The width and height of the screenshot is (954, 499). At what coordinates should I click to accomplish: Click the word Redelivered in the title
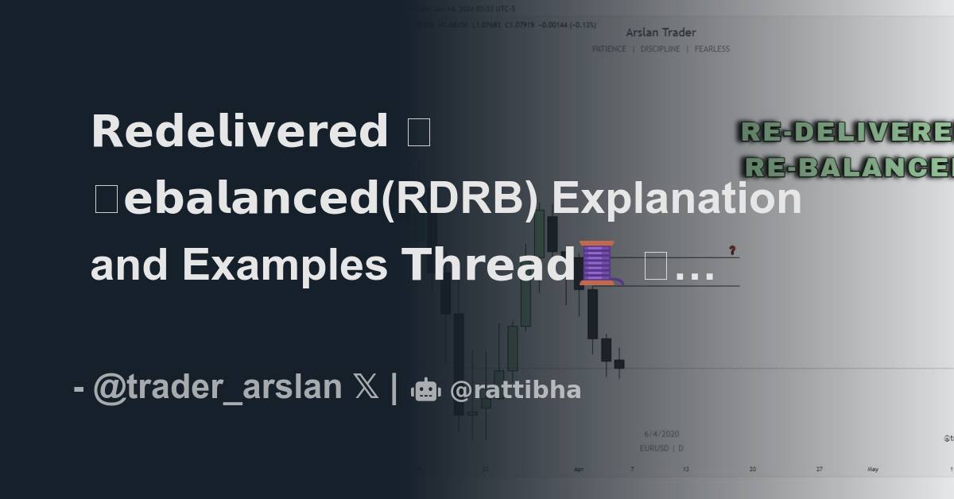pos(239,131)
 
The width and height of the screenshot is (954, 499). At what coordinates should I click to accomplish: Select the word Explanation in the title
pos(677,199)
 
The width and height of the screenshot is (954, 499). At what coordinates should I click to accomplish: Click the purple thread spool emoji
pos(597,262)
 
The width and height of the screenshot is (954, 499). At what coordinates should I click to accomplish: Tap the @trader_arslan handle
pos(217,389)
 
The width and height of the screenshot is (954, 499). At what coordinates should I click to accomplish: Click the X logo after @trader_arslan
pos(366,389)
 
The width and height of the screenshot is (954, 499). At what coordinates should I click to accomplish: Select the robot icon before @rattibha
pos(425,389)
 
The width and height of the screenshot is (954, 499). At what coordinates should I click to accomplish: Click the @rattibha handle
pos(515,390)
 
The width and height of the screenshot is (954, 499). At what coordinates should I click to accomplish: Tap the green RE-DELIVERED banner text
pos(847,132)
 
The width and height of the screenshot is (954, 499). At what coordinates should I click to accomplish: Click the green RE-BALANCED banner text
pos(849,167)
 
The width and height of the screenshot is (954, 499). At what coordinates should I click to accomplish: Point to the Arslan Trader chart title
pos(661,33)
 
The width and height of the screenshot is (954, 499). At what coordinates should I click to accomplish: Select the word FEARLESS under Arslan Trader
pos(712,48)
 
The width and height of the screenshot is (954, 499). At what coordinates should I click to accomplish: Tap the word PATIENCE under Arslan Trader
pos(610,48)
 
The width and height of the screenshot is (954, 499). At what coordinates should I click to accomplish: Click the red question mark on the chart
pos(732,250)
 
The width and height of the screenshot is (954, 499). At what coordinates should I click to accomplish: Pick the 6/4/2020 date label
pos(661,434)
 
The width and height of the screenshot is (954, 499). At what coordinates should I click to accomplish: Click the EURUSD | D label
pos(661,448)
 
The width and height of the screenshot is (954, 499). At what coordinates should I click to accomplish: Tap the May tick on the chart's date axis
pos(873,469)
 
